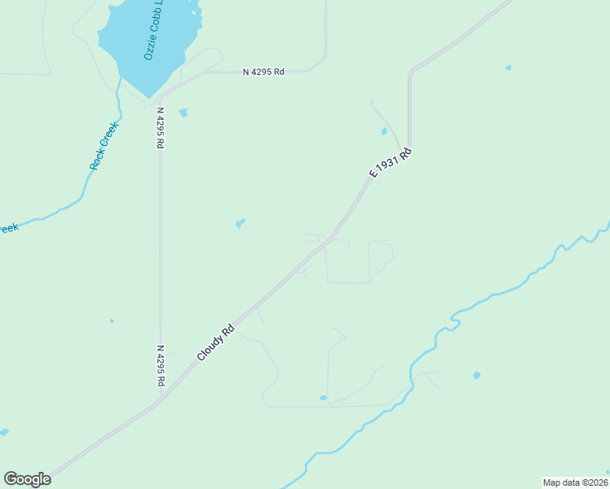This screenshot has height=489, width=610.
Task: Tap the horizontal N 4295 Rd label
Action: (263, 72)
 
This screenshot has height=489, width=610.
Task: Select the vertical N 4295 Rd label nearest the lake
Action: (161, 127)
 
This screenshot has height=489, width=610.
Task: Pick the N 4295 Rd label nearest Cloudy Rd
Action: (161, 365)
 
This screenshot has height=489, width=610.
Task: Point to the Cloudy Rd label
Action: (216, 343)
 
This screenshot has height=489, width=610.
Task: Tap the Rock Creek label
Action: (104, 145)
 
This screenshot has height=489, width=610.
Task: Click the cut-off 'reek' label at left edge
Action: (8, 228)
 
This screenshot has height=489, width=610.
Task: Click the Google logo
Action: (27, 478)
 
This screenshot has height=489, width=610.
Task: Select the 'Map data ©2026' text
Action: (574, 482)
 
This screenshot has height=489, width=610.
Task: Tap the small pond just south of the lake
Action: (183, 112)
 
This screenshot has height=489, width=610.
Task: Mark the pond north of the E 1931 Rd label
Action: (384, 130)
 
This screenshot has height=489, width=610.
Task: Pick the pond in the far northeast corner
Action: (508, 67)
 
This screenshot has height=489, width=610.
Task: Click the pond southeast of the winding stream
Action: (476, 376)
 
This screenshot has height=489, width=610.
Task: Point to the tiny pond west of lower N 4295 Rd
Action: (112, 320)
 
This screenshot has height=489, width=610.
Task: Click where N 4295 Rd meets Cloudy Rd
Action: (162, 398)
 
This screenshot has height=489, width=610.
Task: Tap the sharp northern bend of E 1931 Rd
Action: (410, 73)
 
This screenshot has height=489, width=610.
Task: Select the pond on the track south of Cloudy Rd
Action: (323, 398)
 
